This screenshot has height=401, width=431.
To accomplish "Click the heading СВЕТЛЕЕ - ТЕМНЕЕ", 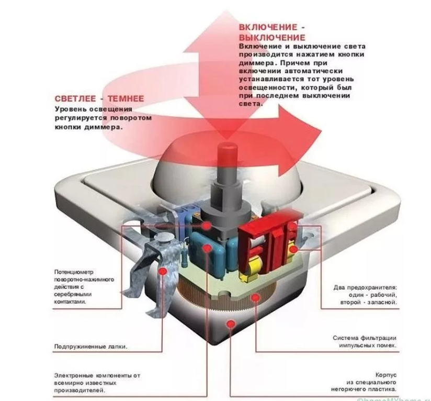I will (99, 98).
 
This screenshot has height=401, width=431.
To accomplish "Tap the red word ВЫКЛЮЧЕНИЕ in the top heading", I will (272, 38).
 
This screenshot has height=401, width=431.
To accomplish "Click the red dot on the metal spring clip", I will (163, 271).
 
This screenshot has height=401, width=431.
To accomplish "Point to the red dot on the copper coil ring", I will (255, 298).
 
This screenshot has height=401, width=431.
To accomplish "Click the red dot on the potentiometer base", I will (208, 225).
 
